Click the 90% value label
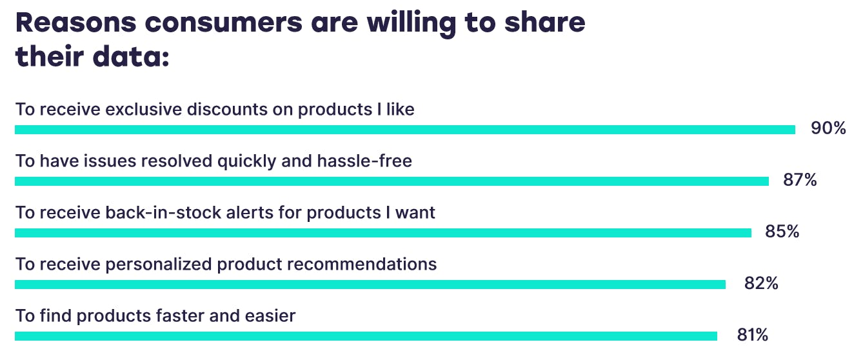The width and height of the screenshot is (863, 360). click(828, 128)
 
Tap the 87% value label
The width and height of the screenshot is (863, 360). click(800, 179)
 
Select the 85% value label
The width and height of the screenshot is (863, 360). click(782, 231)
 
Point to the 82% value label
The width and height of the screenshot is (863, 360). click(761, 283)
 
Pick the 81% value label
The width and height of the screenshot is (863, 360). click(753, 335)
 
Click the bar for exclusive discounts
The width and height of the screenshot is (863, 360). click(405, 130)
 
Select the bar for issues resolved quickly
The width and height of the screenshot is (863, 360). click(392, 181)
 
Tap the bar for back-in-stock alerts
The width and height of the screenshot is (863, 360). click(383, 233)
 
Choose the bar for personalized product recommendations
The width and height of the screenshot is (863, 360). click(370, 285)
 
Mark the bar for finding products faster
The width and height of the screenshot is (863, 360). click(366, 336)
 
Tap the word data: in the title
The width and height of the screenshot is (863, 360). click(131, 56)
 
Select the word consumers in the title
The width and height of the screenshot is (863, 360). click(224, 24)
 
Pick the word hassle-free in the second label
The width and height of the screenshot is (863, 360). click(364, 161)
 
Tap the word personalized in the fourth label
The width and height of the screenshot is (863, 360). click(159, 265)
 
